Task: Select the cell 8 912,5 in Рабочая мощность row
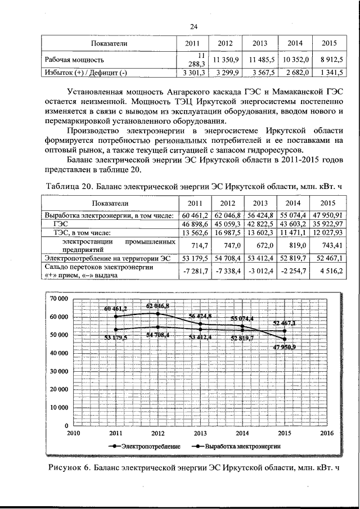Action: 333,59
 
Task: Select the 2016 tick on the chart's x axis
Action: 326,434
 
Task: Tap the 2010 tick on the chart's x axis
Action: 73,434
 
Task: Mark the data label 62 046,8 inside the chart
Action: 158,305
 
